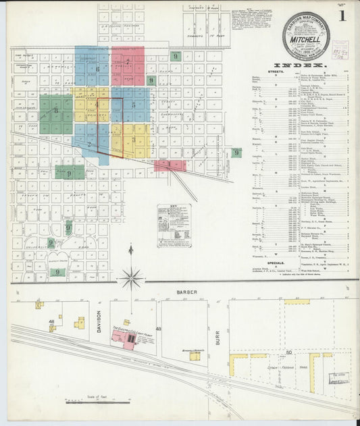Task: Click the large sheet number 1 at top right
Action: tap(343, 14)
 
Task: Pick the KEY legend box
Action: tap(174, 225)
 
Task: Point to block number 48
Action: tap(51, 329)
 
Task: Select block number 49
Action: tap(158, 329)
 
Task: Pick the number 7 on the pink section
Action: tap(128, 63)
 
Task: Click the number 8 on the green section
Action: tap(55, 110)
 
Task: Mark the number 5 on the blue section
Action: tap(134, 105)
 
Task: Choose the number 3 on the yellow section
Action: tap(134, 140)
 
